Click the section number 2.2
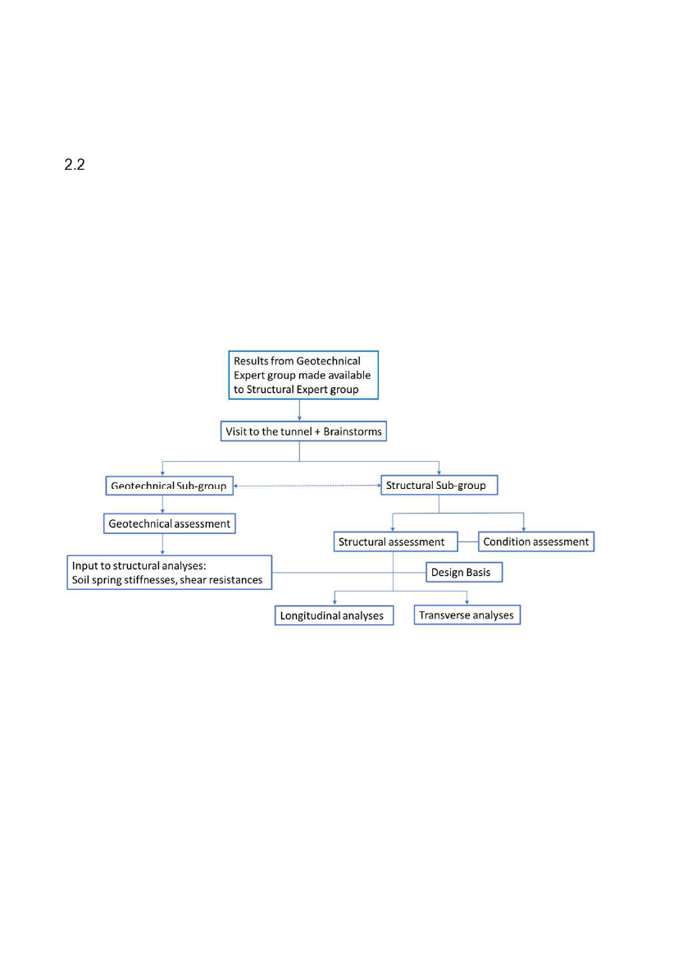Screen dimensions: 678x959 pyautogui.click(x=75, y=165)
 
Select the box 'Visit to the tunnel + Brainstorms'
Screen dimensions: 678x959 pyautogui.click(x=303, y=432)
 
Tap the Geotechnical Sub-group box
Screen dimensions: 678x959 pyautogui.click(x=170, y=486)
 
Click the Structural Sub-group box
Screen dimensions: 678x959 pyautogui.click(x=439, y=485)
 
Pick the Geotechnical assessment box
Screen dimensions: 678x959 pyautogui.click(x=170, y=523)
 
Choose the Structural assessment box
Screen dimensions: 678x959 pyautogui.click(x=395, y=542)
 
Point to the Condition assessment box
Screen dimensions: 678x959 pyautogui.click(x=536, y=541)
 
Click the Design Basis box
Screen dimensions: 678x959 pyautogui.click(x=464, y=573)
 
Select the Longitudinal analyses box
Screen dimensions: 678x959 pyautogui.click(x=334, y=615)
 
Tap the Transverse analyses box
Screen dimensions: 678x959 pyautogui.click(x=467, y=614)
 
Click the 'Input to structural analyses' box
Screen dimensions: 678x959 pyautogui.click(x=170, y=573)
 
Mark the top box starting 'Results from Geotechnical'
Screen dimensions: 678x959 pyautogui.click(x=303, y=375)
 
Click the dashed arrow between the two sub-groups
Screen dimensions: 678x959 pyautogui.click(x=307, y=486)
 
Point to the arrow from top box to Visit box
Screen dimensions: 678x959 pyautogui.click(x=299, y=410)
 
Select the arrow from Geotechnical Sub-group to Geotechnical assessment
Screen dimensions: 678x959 pyautogui.click(x=162, y=504)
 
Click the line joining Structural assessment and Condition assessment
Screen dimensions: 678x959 pyautogui.click(x=468, y=542)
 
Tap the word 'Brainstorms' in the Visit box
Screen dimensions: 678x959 pyautogui.click(x=353, y=432)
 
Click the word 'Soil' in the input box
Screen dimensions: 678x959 pyautogui.click(x=80, y=580)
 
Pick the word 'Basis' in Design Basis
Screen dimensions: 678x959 pyautogui.click(x=479, y=573)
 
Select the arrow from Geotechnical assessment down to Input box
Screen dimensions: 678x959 pyautogui.click(x=162, y=545)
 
